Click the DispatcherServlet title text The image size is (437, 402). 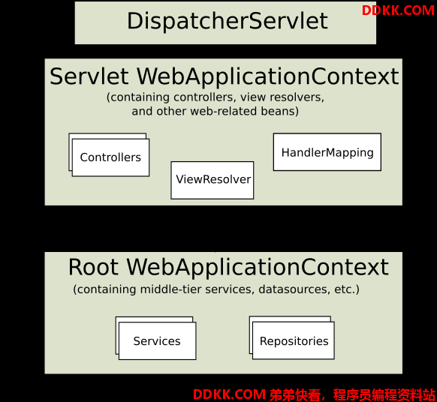coord(228,21)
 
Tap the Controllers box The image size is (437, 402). coord(110,157)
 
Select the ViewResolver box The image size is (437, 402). coord(212,180)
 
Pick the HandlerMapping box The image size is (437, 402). coord(327,152)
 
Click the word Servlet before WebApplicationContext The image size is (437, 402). coord(89,76)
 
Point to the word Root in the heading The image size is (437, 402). coord(93,267)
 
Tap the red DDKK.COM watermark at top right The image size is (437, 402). coord(398,10)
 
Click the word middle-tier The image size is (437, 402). coord(171,289)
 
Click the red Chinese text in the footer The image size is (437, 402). coord(352,394)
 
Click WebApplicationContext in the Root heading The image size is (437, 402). coord(258,267)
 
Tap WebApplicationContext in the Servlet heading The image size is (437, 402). coord(267,76)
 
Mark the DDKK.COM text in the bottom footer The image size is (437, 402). coord(229,394)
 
